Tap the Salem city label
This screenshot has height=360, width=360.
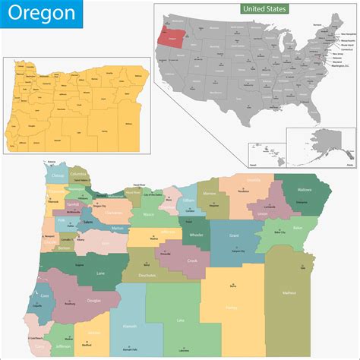[88, 222]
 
